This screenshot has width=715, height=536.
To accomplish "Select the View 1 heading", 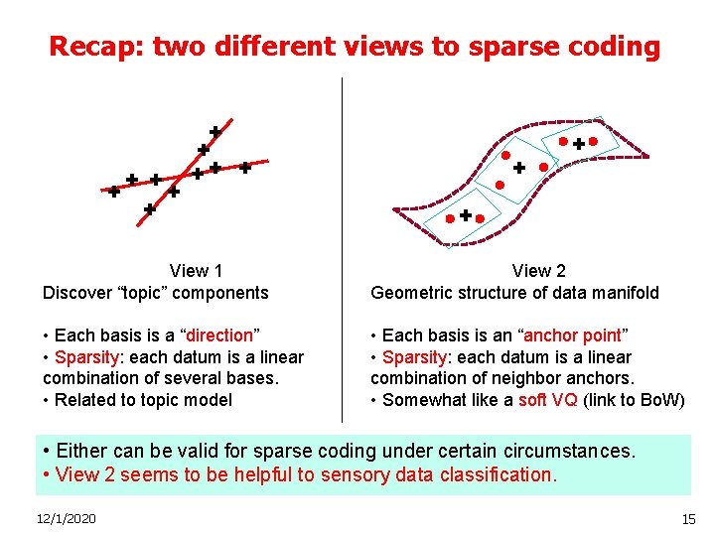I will [196, 271].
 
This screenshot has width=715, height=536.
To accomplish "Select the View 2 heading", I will [539, 271].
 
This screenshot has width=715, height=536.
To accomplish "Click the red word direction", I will [222, 335].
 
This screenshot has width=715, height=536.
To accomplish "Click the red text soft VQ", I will [546, 400].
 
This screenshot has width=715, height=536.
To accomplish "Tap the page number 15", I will [688, 519].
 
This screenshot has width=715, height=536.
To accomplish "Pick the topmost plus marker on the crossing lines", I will [214, 131].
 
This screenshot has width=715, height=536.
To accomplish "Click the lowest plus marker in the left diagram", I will [149, 209].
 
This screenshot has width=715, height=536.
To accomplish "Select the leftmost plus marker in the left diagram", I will [114, 193].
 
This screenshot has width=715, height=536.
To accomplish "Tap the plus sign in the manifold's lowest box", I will [465, 214].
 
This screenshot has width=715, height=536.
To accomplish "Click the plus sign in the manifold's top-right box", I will [578, 144].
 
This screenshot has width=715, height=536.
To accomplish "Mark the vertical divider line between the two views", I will [342, 248].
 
